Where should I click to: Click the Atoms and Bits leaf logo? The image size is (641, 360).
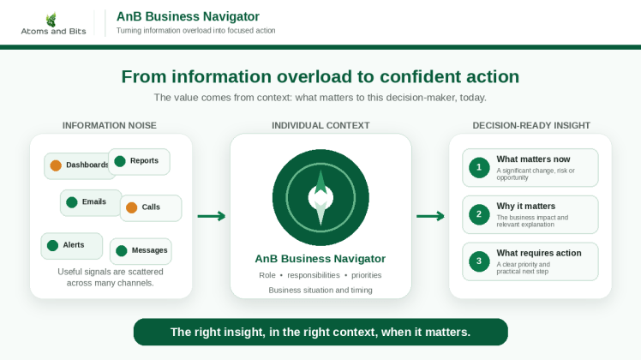(51, 20)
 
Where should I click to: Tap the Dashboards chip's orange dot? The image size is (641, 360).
(56, 165)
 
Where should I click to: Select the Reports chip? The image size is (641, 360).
(139, 162)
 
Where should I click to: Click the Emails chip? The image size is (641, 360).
(91, 202)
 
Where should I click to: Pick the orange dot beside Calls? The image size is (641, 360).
(132, 207)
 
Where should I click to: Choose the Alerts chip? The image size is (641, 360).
(71, 246)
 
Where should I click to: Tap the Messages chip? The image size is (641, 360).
(141, 251)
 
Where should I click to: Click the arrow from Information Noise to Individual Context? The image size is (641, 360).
(212, 216)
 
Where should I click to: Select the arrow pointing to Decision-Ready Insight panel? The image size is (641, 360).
(430, 216)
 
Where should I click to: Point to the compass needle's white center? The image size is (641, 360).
(320, 198)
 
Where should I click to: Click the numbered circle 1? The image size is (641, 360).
(479, 168)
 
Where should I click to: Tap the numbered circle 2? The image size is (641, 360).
(479, 214)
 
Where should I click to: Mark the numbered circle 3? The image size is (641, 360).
(479, 261)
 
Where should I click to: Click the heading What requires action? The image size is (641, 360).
(539, 253)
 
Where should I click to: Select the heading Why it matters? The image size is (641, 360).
(525, 207)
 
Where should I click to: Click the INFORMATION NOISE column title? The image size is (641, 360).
(110, 126)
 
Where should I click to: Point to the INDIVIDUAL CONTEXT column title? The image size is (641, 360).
(320, 126)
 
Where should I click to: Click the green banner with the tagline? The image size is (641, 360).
(320, 332)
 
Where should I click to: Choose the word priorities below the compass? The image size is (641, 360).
(366, 275)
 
